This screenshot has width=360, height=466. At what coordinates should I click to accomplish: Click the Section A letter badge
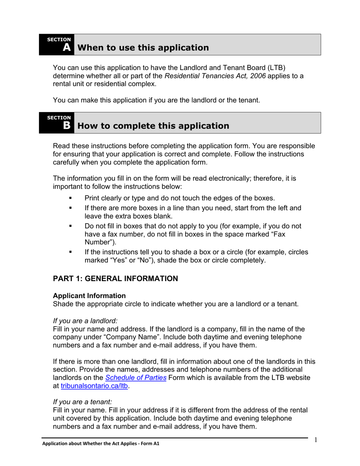(66, 47)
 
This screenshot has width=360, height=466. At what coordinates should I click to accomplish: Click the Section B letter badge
(66, 125)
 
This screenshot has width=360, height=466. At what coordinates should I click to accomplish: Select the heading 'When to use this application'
(143, 48)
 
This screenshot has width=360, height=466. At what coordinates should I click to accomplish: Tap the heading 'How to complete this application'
(153, 126)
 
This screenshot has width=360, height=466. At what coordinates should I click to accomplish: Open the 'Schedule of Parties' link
(136, 378)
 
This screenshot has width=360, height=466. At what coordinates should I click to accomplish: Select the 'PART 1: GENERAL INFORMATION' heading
(115, 279)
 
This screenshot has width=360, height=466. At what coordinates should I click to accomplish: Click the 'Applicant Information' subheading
(89, 296)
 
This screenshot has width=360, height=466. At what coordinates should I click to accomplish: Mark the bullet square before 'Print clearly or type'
(70, 198)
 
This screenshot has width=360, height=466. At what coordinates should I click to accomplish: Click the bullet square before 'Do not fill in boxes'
(70, 226)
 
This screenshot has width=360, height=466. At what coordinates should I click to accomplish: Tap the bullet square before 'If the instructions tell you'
(70, 252)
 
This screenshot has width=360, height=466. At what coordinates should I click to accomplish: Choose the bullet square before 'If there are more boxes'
(70, 208)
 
